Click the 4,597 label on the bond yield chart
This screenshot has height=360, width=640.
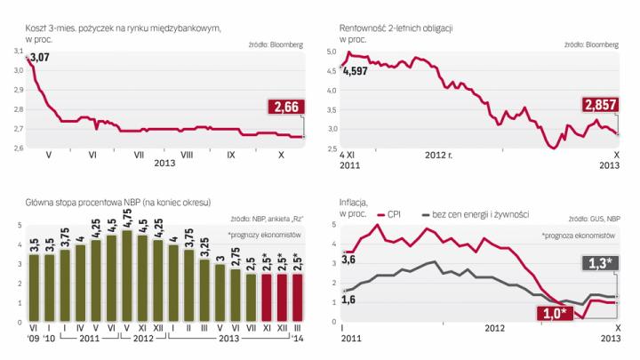(355, 70)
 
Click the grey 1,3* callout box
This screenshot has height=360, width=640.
(601, 262)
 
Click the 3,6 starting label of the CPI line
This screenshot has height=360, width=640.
(349, 260)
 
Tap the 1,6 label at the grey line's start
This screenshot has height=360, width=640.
(349, 300)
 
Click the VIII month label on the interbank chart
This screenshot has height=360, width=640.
(186, 154)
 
